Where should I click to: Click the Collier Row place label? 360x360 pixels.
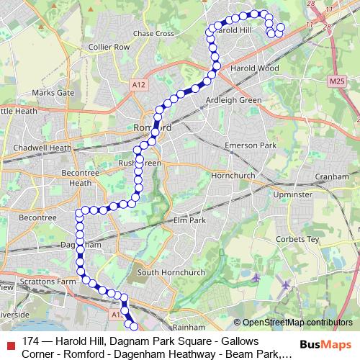pyautogui.click(x=108, y=46)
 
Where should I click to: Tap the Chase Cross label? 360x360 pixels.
pyautogui.click(x=153, y=33)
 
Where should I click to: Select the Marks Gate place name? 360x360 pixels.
pyautogui.click(x=53, y=93)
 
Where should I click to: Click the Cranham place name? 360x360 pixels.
pyautogui.click(x=333, y=175)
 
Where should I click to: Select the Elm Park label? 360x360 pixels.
pyautogui.click(x=190, y=220)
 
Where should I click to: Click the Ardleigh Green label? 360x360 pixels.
pyautogui.click(x=233, y=99)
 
